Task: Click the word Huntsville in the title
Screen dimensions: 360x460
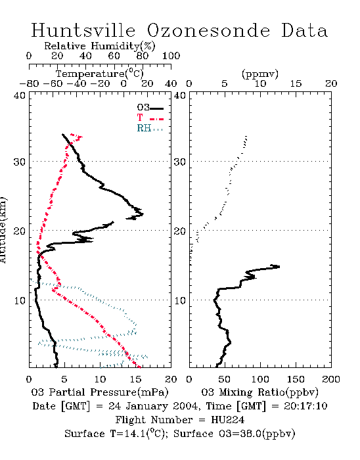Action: coord(83,30)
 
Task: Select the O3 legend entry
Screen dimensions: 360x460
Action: coord(150,108)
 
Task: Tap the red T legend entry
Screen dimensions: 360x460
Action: coord(150,118)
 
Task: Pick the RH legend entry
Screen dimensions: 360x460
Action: coord(150,128)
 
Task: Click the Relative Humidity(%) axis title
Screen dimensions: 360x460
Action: coord(100,46)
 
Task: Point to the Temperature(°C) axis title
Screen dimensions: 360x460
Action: coord(100,74)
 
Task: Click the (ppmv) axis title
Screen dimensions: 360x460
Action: coord(260,74)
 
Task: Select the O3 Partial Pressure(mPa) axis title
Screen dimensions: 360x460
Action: coord(100,392)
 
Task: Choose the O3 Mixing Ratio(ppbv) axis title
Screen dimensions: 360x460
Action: coord(259,392)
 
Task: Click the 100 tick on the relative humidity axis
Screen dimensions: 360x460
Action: coord(171,56)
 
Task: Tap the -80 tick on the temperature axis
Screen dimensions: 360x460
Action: coord(29,83)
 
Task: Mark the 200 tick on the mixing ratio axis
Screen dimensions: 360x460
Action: coord(331,379)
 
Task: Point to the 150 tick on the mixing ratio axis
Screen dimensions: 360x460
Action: coord(296,379)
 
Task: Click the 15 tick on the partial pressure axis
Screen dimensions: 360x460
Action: coord(135,379)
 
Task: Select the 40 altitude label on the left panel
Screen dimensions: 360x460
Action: coord(20,95)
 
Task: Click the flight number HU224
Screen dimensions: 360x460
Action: coord(228,420)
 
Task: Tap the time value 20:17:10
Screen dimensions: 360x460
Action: coord(305,406)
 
